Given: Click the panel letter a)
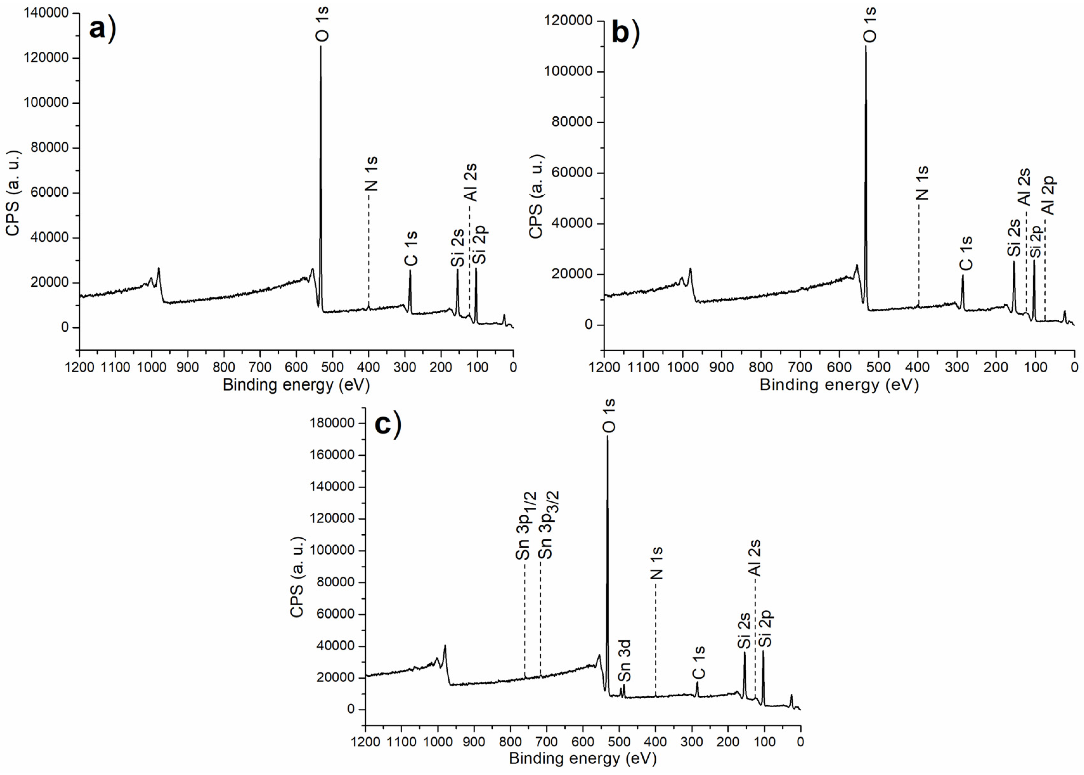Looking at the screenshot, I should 102,29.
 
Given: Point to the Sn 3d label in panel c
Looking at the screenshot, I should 625,661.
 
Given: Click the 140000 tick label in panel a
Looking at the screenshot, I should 46,13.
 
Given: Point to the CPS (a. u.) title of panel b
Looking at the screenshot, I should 536,196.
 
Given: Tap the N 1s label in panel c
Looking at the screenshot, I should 657,563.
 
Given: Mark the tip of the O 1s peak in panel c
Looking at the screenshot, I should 607,436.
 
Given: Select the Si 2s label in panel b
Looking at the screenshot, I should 1014,237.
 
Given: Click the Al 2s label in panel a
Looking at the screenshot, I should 471,182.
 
